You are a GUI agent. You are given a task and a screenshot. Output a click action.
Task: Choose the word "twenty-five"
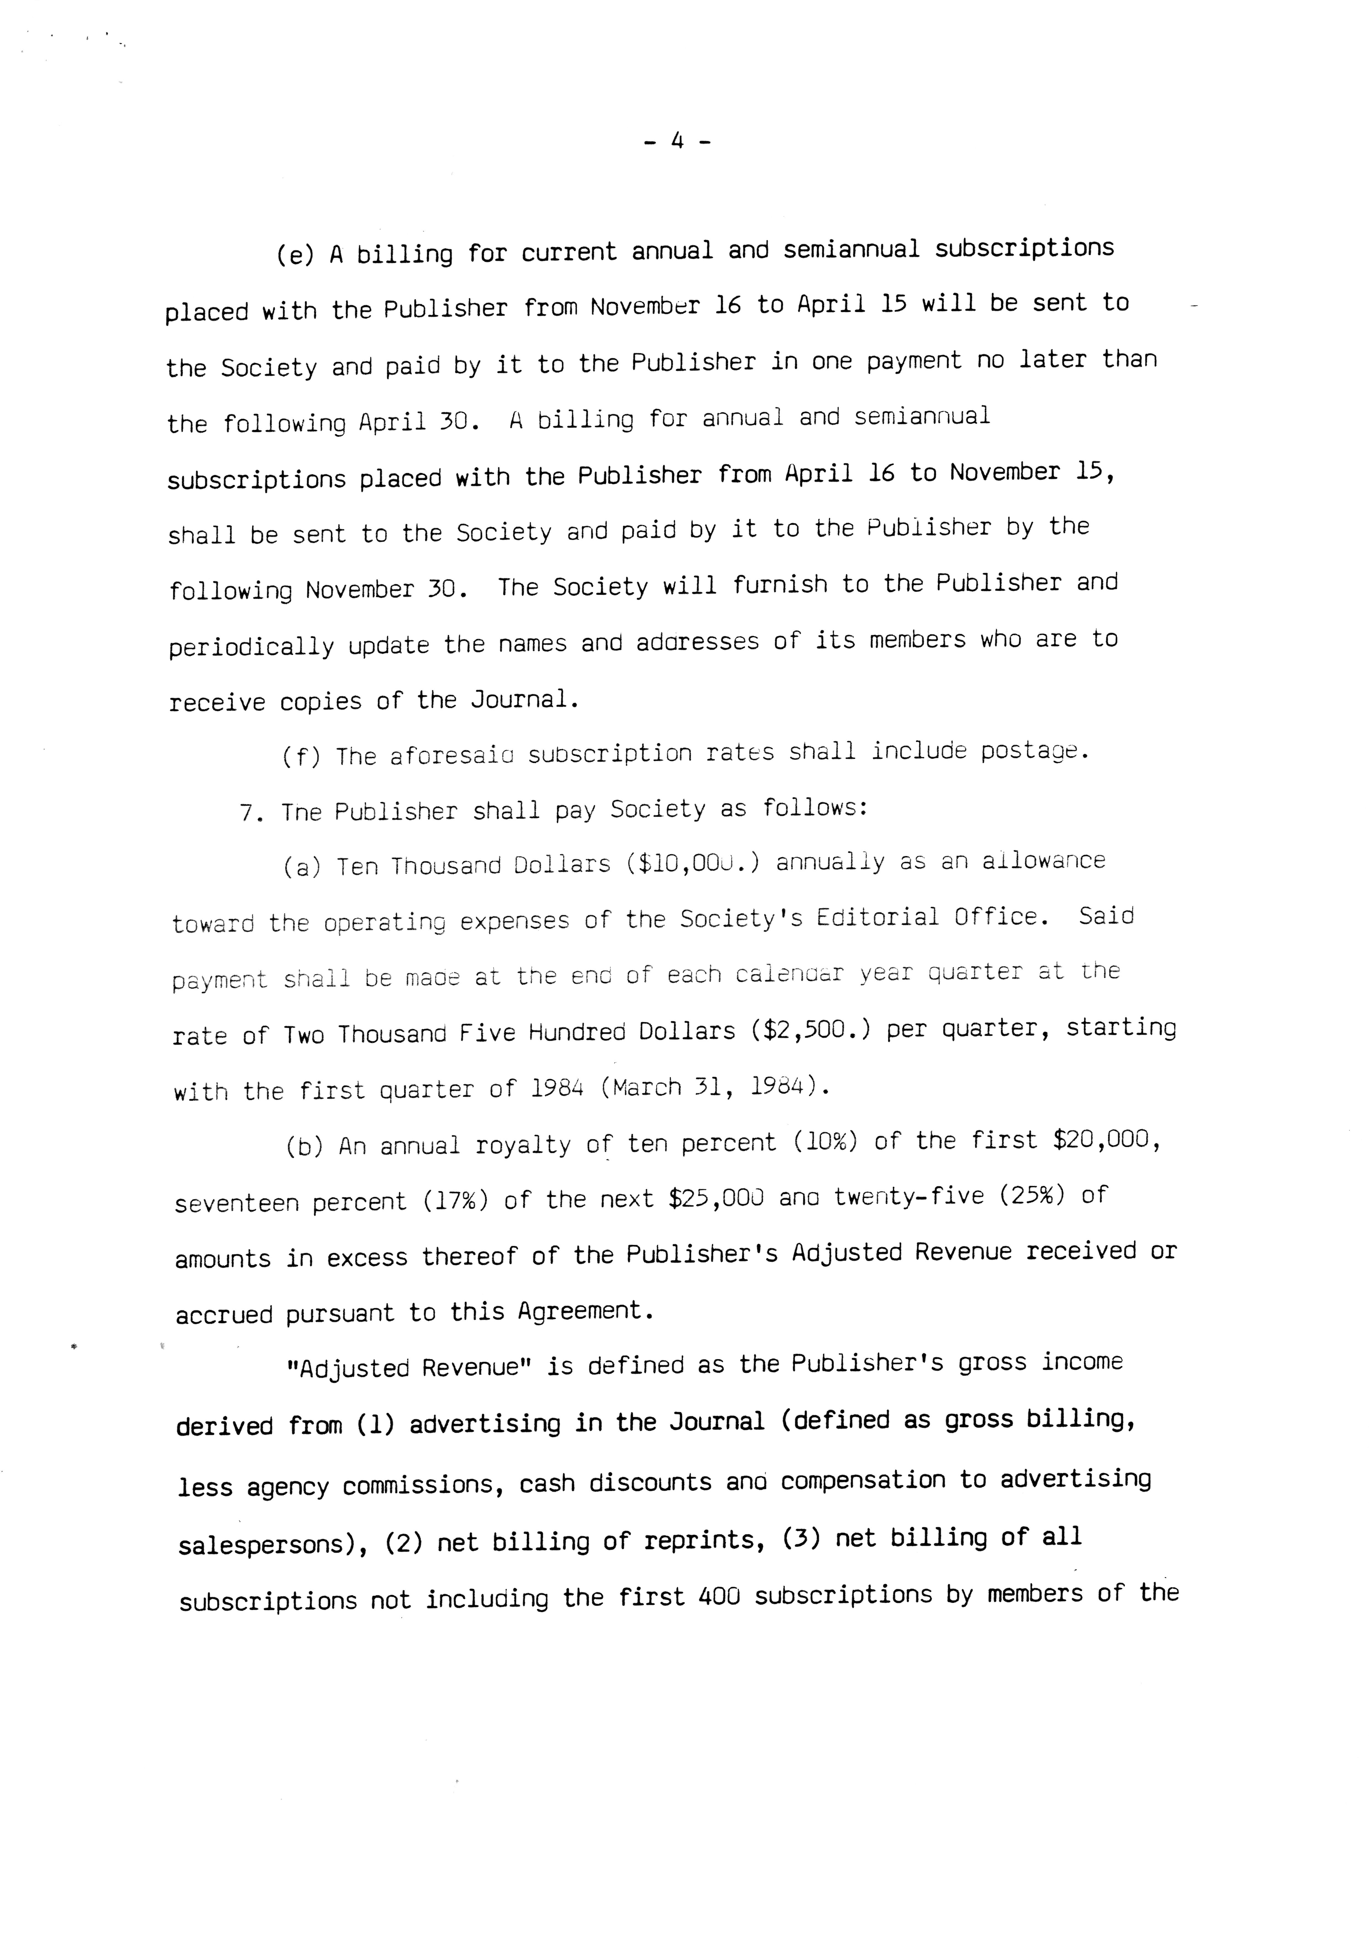click(908, 1197)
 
